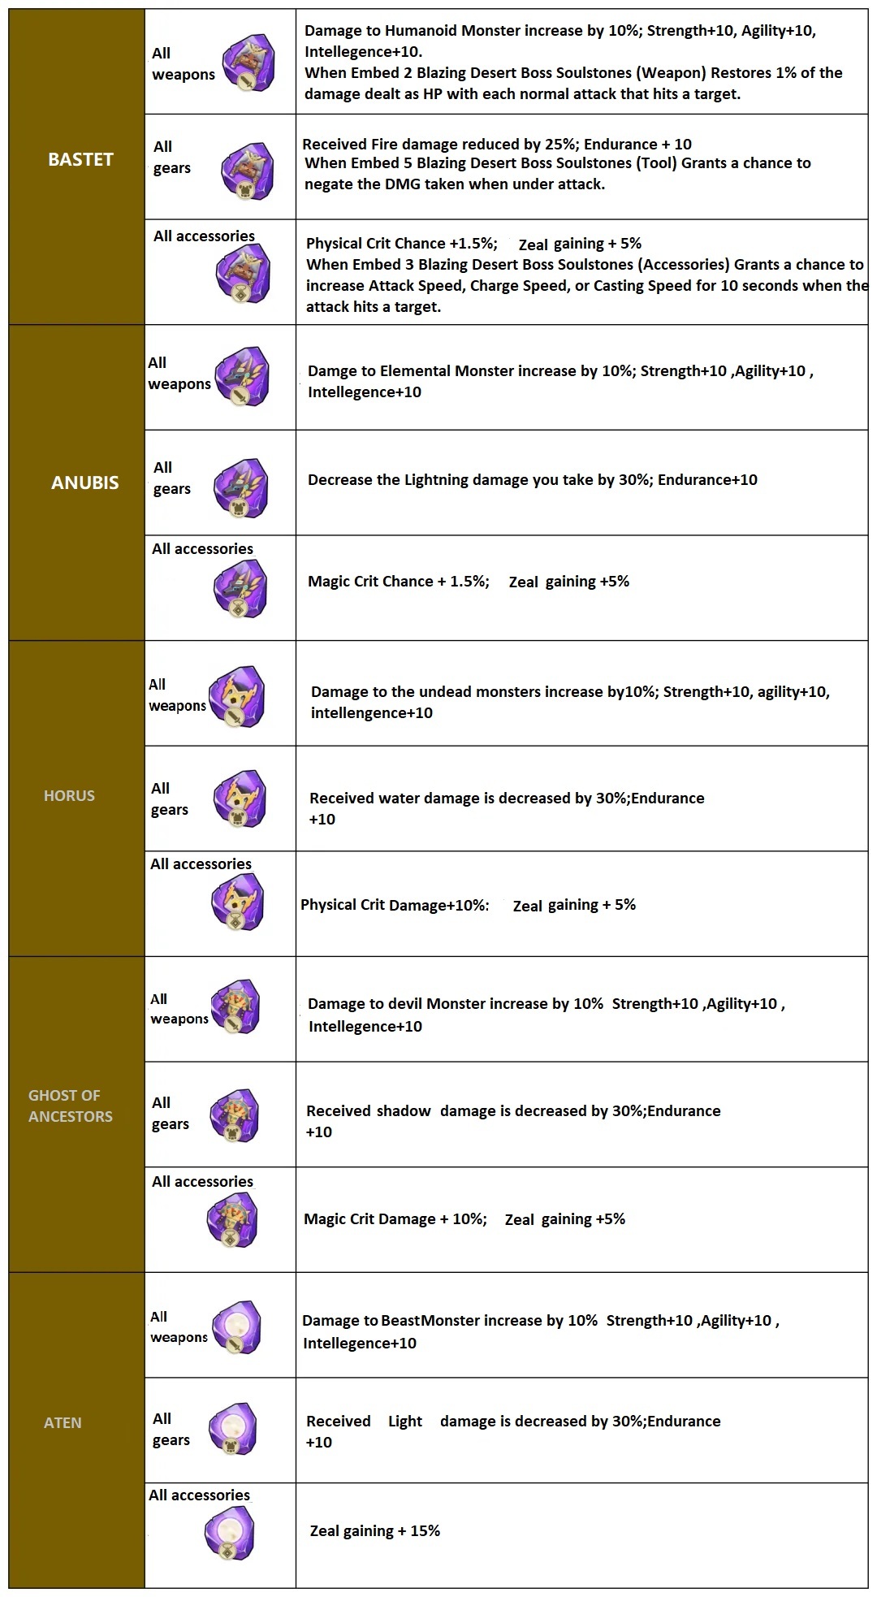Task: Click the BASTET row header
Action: pyautogui.click(x=80, y=159)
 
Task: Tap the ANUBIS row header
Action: pyautogui.click(x=84, y=483)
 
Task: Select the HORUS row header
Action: pyautogui.click(x=69, y=795)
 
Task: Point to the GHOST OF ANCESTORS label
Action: pyautogui.click(x=71, y=1106)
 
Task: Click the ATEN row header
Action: pyautogui.click(x=63, y=1422)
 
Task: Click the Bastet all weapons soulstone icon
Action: pyautogui.click(x=249, y=62)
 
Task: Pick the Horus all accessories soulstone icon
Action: pyautogui.click(x=237, y=902)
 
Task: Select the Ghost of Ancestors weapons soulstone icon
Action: pyautogui.click(x=235, y=1007)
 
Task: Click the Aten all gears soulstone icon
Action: pyautogui.click(x=234, y=1429)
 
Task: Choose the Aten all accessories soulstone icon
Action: pyautogui.click(x=231, y=1534)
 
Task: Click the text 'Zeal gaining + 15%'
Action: pyautogui.click(x=375, y=1531)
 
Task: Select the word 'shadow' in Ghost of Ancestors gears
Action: pyautogui.click(x=399, y=1110)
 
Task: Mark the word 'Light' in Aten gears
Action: pyautogui.click(x=405, y=1421)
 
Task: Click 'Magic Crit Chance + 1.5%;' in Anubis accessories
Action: pyautogui.click(x=399, y=582)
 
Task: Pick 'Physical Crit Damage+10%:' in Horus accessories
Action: pyautogui.click(x=395, y=905)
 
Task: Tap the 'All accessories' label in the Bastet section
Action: pyautogui.click(x=204, y=236)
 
